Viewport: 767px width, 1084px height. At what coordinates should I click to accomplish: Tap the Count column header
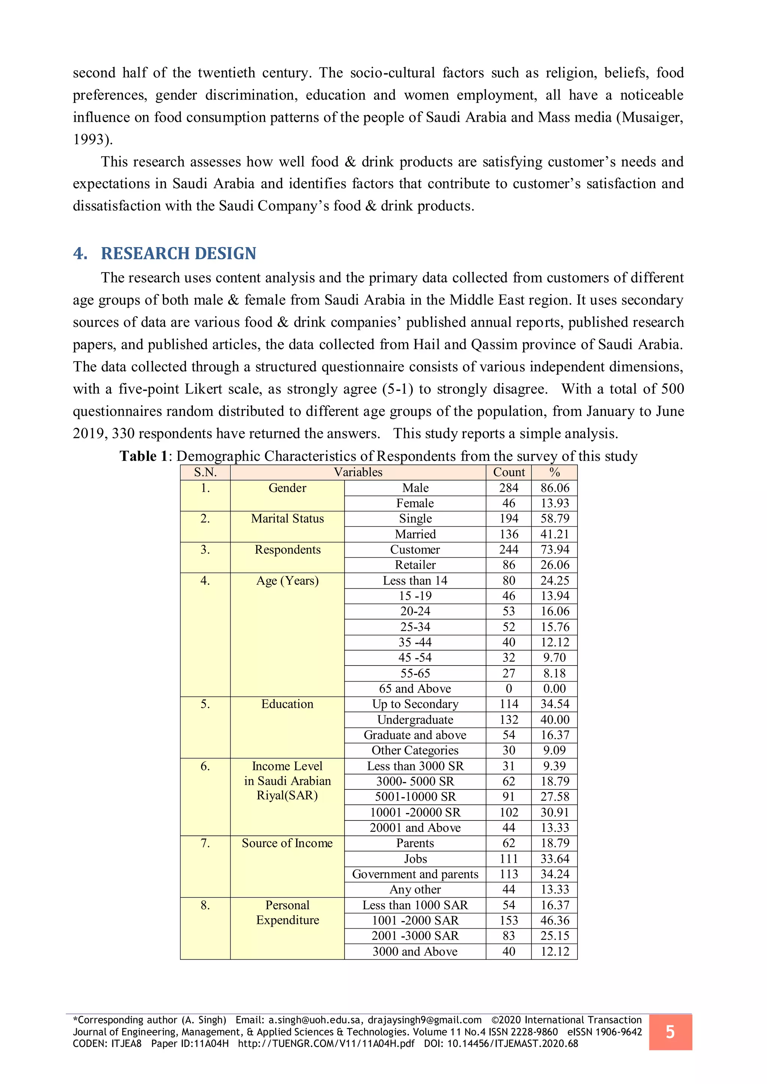pyautogui.click(x=509, y=472)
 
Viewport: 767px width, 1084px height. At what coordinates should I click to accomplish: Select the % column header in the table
pyautogui.click(x=555, y=472)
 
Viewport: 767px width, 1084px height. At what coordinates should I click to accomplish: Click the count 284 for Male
pyautogui.click(x=509, y=488)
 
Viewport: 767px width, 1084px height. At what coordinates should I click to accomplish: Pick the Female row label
pyautogui.click(x=415, y=503)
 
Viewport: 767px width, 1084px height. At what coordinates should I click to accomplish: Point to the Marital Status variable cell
pyautogui.click(x=287, y=519)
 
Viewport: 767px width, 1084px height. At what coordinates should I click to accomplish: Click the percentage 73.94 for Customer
pyautogui.click(x=555, y=549)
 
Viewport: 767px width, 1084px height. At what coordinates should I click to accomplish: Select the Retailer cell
pyautogui.click(x=415, y=565)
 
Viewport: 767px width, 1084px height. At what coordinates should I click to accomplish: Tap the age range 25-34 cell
pyautogui.click(x=415, y=627)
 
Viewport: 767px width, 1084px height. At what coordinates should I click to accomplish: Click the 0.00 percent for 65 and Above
pyautogui.click(x=555, y=689)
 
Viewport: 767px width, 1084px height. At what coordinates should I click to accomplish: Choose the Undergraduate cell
pyautogui.click(x=415, y=720)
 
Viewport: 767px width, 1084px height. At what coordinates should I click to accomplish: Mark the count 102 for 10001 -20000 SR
pyautogui.click(x=509, y=813)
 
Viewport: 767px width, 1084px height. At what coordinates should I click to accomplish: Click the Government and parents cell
pyautogui.click(x=415, y=874)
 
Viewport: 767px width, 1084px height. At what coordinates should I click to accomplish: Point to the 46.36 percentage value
pyautogui.click(x=555, y=921)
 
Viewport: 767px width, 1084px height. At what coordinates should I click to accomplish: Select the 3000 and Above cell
pyautogui.click(x=415, y=951)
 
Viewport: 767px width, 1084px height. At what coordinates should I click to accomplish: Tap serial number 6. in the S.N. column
pyautogui.click(x=205, y=766)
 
